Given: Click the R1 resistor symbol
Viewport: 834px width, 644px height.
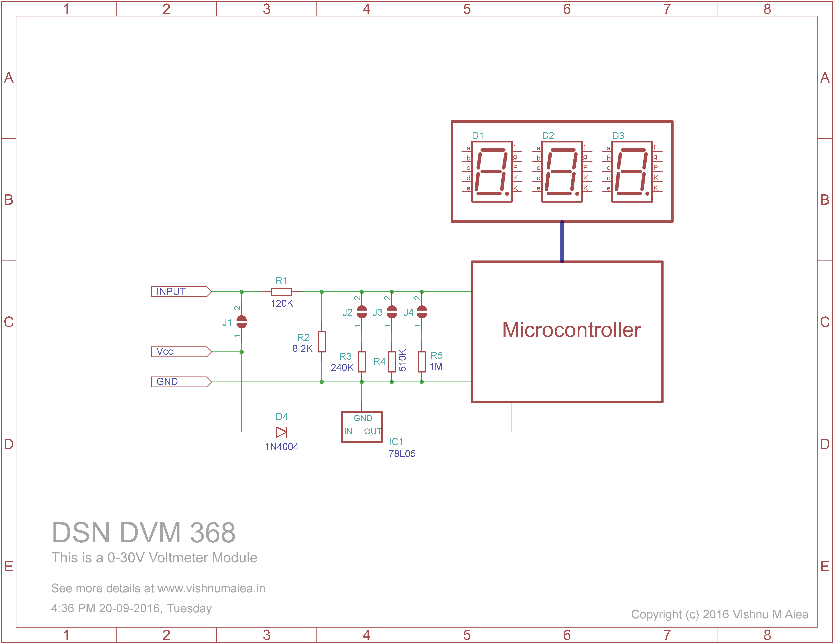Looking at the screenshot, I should coord(281,292).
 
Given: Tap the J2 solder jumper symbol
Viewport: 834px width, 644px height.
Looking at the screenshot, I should coord(362,312).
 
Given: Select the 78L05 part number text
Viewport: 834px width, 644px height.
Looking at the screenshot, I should coord(402,454).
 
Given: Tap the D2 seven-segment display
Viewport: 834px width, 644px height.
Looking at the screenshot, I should coord(562,172).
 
